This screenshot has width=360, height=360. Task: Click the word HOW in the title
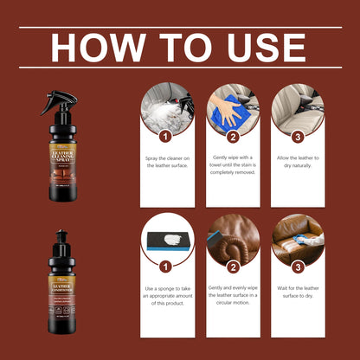[x=90, y=48]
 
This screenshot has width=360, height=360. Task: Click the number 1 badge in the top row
[x=167, y=136]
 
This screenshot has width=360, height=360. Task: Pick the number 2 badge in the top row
[x=233, y=136]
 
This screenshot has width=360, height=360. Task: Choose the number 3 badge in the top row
[x=298, y=136]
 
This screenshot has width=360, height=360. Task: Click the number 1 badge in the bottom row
[x=167, y=267]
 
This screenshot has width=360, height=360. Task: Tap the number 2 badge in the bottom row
[x=233, y=267]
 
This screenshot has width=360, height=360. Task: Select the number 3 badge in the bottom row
[x=298, y=267]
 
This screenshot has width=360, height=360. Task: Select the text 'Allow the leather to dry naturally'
[x=298, y=163]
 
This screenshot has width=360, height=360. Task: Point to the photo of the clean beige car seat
[x=298, y=107]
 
